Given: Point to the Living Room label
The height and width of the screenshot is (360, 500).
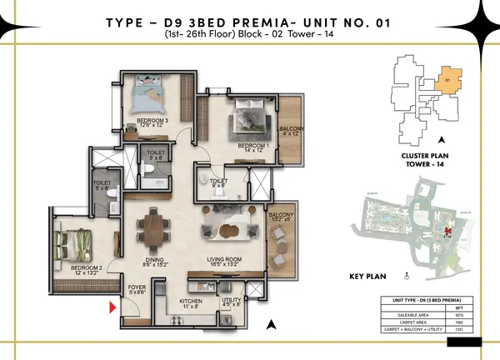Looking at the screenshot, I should pos(225,262).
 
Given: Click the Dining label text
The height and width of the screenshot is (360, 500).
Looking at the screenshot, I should pos(157,262).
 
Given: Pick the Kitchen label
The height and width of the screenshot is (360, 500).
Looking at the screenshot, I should pos(191,302).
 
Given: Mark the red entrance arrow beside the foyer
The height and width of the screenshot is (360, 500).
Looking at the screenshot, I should pos(112,309).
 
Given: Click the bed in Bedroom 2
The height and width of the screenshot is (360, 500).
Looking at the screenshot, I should pos(75,245).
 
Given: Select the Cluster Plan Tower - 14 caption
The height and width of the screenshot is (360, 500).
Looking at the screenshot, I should pos(426,161).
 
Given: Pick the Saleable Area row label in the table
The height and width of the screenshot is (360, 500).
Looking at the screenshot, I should pos(404,316).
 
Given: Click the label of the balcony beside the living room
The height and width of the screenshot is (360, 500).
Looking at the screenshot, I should pos(281,218).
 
